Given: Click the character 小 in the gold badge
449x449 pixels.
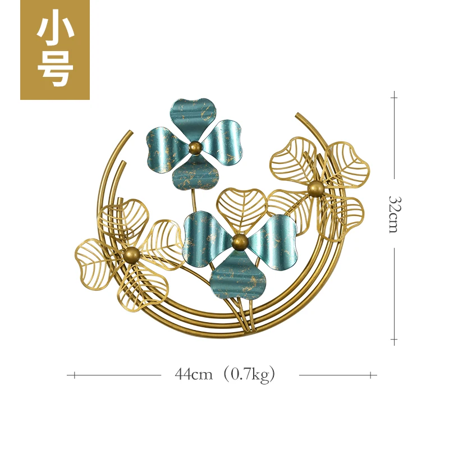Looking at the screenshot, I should [55, 30].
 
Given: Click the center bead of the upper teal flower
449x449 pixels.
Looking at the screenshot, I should [195, 148].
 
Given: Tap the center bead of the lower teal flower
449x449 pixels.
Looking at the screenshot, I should [240, 242].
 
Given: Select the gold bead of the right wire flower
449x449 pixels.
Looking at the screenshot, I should [315, 189].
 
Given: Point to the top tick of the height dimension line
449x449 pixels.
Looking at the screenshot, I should [394, 97].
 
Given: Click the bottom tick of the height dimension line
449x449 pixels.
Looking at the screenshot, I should [394, 340].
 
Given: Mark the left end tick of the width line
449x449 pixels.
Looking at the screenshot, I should [74, 375].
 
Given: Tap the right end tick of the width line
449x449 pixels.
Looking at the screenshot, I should [370, 375].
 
